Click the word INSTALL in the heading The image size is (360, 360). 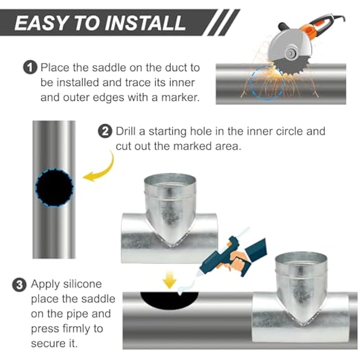pyautogui.click(x=146, y=23)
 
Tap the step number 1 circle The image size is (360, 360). pyautogui.click(x=30, y=67)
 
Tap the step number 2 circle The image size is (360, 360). pyautogui.click(x=105, y=131)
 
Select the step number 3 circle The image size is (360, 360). pyautogui.click(x=19, y=285)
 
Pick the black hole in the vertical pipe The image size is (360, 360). pyautogui.click(x=54, y=187)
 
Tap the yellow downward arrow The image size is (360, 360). pyautogui.click(x=170, y=279)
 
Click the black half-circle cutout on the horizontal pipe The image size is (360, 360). pyautogui.click(x=169, y=300)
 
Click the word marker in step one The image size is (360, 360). pyautogui.click(x=180, y=98)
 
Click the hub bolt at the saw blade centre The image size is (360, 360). pyautogui.click(x=291, y=54)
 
